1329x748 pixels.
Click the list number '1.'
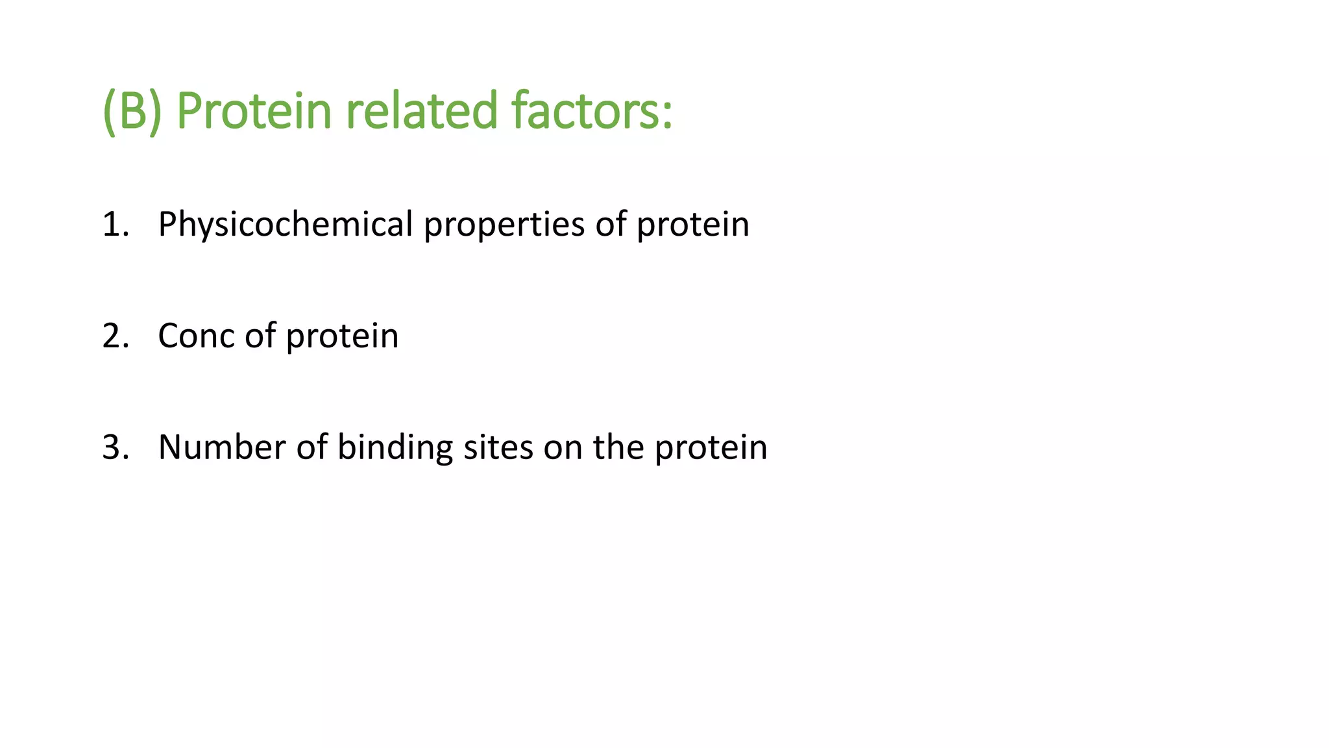click(116, 225)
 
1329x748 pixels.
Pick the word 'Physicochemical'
click(286, 225)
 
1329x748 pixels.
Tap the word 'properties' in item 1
click(504, 225)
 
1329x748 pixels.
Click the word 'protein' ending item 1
click(692, 225)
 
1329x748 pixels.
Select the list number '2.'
click(116, 336)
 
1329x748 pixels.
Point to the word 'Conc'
click(196, 336)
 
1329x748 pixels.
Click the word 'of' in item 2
click(260, 336)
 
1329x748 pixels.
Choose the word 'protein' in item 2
click(342, 336)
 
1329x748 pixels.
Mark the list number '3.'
click(116, 448)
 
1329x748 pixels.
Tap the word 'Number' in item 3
click(222, 448)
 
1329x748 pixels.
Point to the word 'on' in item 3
click(563, 448)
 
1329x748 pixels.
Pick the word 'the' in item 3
click(618, 448)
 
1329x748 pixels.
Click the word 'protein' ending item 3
click(711, 448)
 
